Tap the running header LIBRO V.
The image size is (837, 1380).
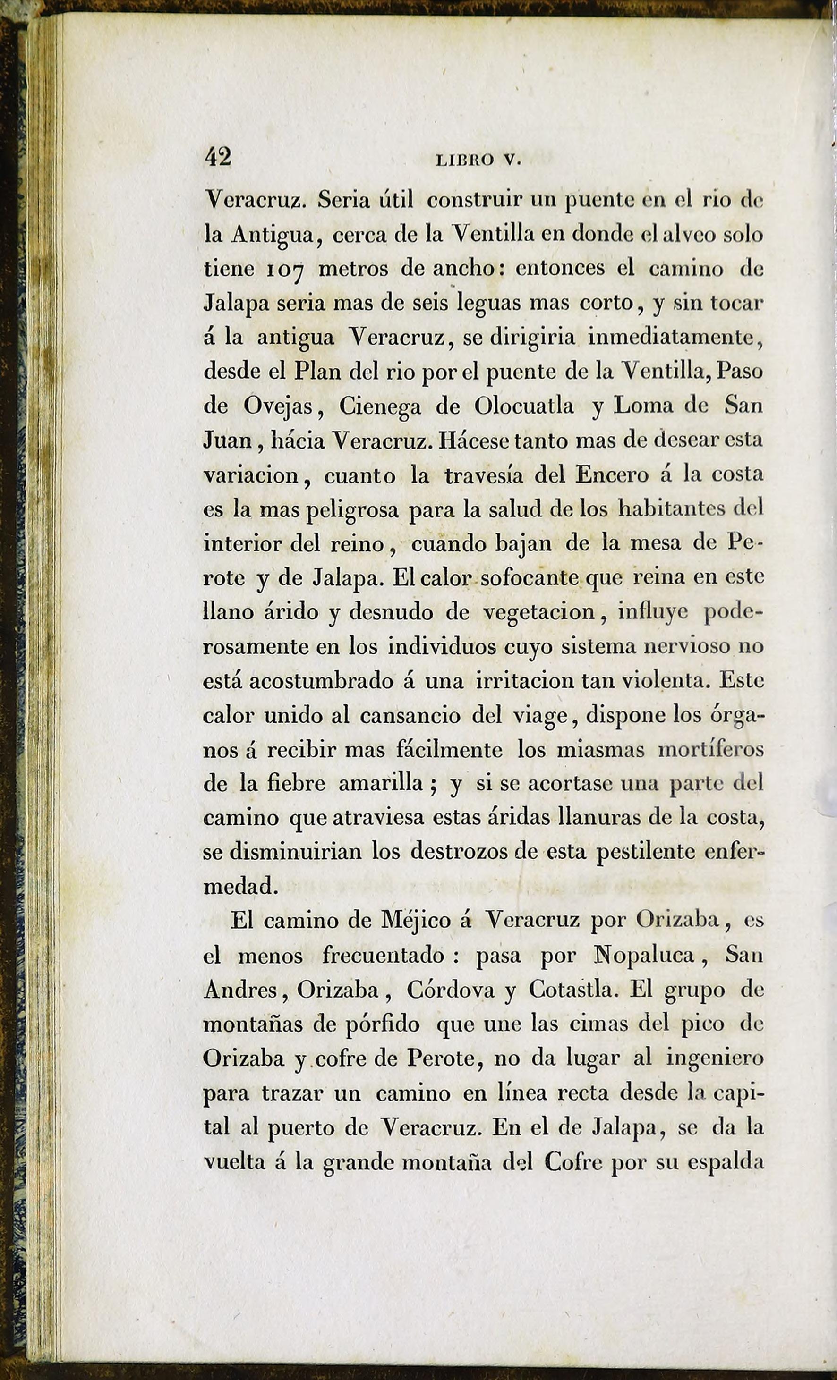click(478, 160)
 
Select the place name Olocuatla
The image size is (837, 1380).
click(524, 406)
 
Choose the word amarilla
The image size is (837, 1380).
click(380, 784)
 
